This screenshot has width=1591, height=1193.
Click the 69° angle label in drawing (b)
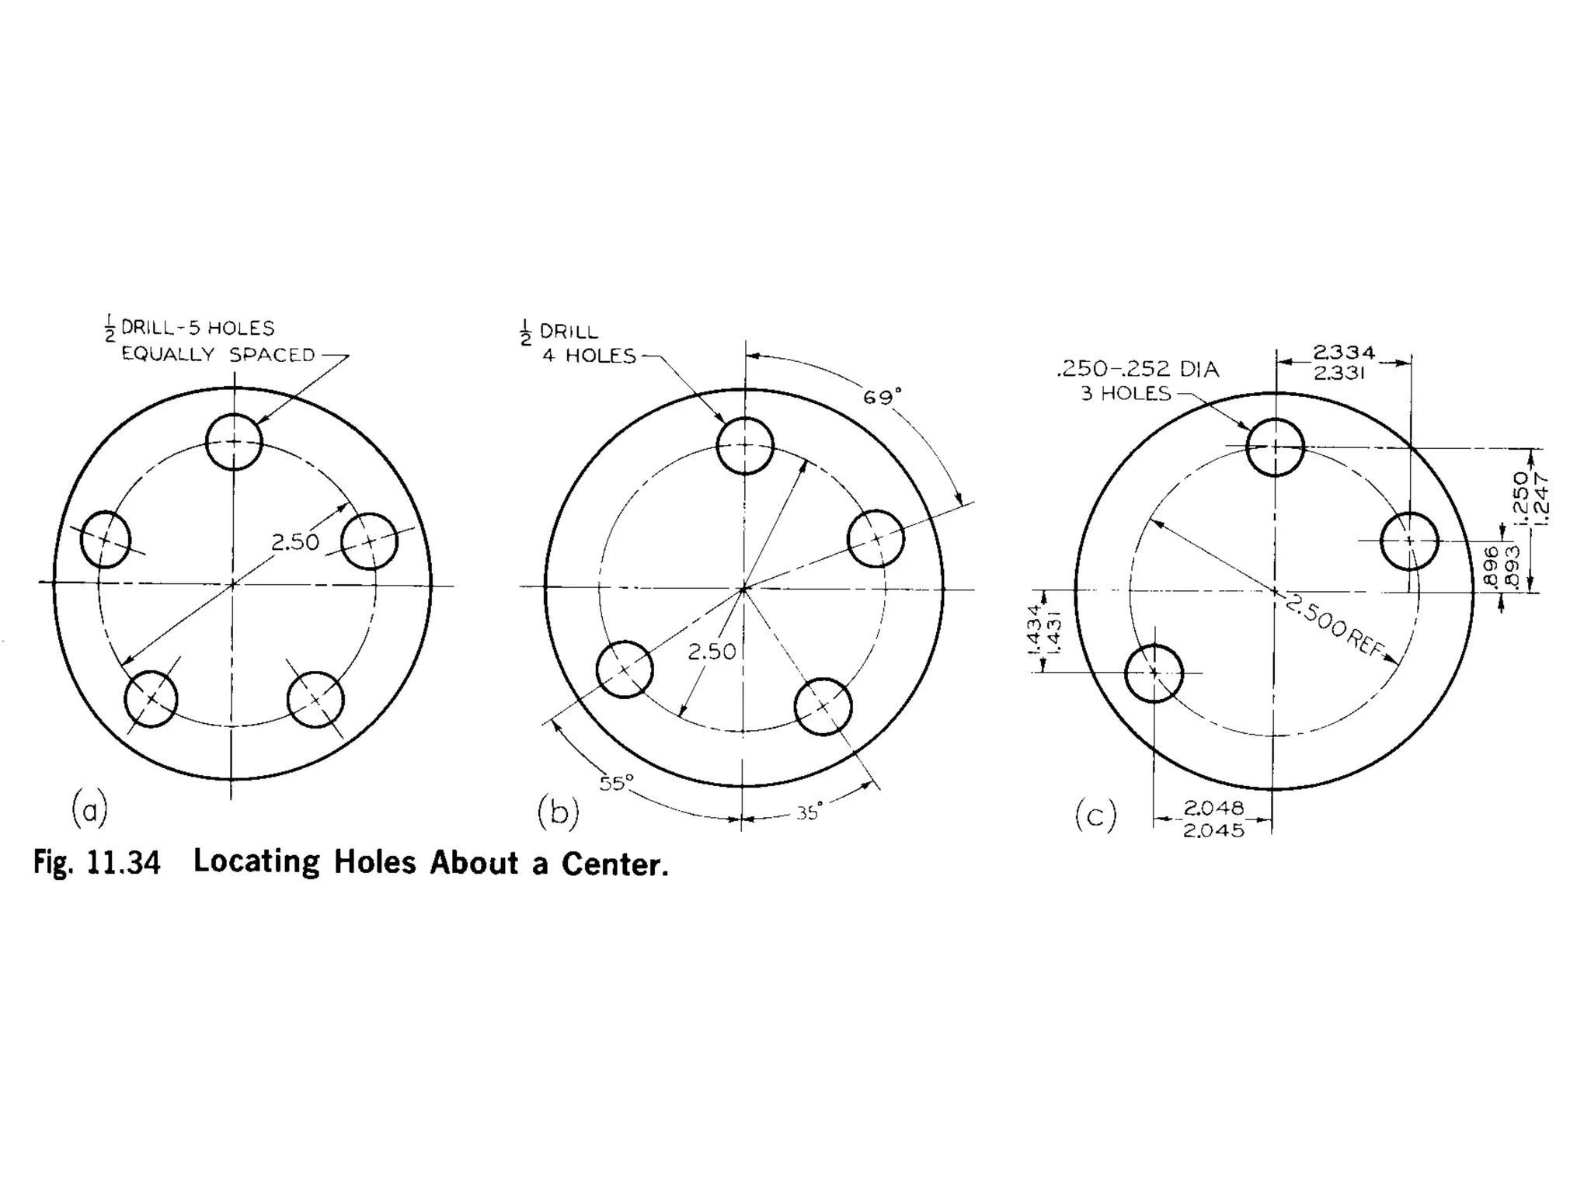click(x=883, y=397)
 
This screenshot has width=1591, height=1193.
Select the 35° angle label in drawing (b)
click(x=809, y=813)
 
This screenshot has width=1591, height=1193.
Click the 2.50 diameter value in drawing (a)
click(x=295, y=542)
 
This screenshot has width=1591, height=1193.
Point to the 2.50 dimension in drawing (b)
click(x=712, y=652)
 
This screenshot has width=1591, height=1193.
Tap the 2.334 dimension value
click(x=1344, y=353)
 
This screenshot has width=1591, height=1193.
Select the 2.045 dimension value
click(x=1213, y=830)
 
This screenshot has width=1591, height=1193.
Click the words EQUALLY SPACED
click(x=218, y=355)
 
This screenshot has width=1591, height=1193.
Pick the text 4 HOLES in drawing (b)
click(x=589, y=356)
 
